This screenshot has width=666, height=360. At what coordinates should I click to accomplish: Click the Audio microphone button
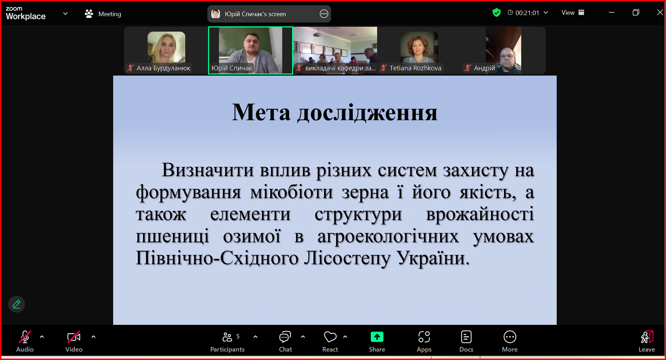tap(25, 341)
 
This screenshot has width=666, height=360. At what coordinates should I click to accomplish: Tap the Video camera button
tap(74, 341)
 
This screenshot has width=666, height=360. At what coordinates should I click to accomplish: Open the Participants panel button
tap(227, 341)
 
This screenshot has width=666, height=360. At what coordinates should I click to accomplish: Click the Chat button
tap(285, 341)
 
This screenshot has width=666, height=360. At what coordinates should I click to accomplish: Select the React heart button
tap(330, 341)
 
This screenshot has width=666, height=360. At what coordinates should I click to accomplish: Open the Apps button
tap(424, 341)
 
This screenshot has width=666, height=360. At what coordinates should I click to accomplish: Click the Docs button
tap(466, 341)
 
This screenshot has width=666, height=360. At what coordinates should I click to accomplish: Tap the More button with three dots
tap(510, 341)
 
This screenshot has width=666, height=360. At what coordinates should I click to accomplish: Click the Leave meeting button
tap(647, 341)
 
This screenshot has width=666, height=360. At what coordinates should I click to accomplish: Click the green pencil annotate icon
tap(17, 304)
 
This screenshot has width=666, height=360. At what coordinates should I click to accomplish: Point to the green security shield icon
tap(496, 13)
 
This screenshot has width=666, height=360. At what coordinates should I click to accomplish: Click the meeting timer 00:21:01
tap(527, 13)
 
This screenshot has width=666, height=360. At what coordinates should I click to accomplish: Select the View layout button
tap(573, 13)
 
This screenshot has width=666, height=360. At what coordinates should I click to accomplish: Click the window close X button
tap(660, 12)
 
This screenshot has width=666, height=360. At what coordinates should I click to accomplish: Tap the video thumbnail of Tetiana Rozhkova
tap(419, 50)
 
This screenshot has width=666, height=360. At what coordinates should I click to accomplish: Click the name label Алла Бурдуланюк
tap(163, 68)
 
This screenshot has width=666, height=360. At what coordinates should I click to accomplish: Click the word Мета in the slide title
tap(261, 112)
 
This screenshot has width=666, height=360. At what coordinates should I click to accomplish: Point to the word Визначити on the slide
tap(207, 170)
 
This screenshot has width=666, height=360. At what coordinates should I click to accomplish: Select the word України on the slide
tap(433, 258)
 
